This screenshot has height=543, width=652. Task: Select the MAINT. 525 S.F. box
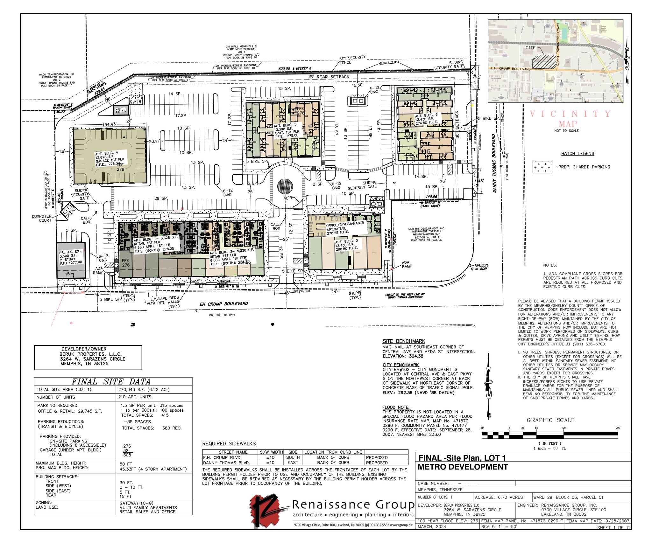(x=121, y=110)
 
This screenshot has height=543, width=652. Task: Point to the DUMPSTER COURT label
(x=42, y=218)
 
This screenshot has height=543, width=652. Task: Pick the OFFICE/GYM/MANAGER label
(x=345, y=226)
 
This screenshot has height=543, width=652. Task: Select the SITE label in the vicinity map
(x=530, y=48)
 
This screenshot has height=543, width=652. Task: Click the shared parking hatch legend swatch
(x=542, y=167)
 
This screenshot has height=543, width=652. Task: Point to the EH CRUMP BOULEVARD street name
(x=223, y=304)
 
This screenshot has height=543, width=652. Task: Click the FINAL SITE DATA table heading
(x=111, y=382)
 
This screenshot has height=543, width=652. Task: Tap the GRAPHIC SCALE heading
(x=550, y=420)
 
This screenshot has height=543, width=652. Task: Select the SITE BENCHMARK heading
(x=404, y=341)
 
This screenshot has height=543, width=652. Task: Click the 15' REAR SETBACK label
(x=329, y=77)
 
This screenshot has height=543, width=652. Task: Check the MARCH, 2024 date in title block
(x=432, y=526)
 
